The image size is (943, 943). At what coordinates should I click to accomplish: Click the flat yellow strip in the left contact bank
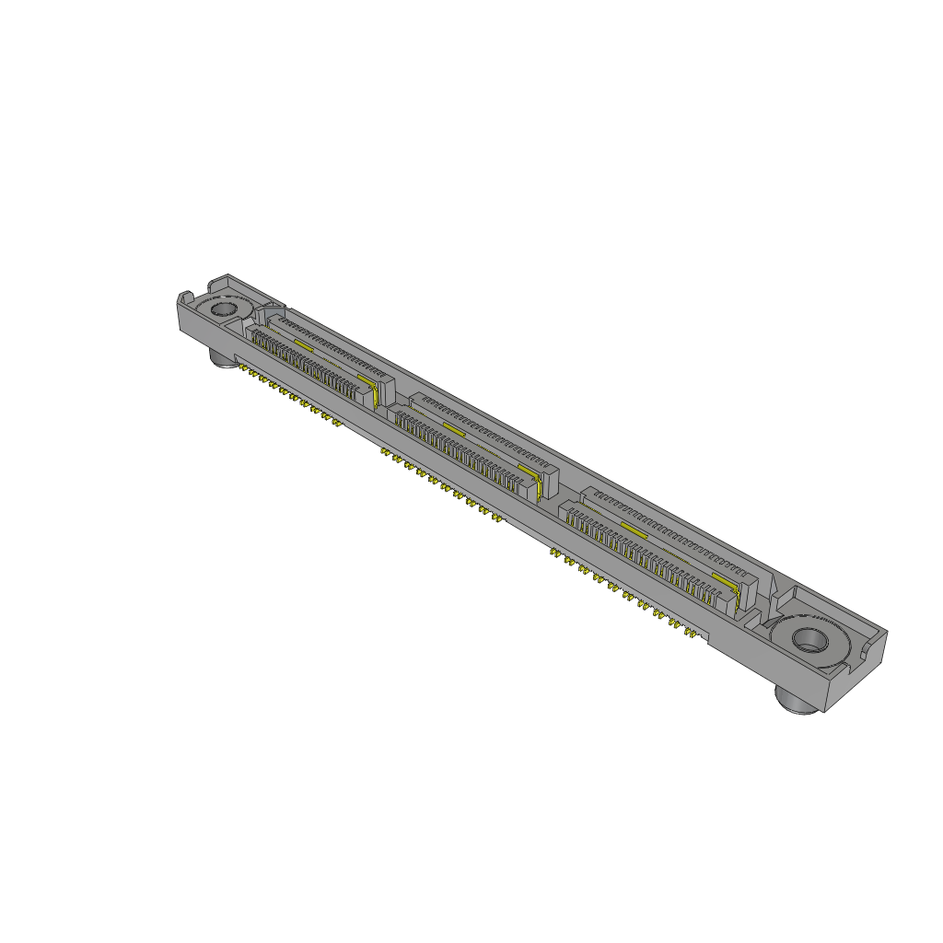click(x=304, y=344)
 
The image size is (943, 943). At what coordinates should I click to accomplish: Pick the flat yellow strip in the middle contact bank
click(x=452, y=428)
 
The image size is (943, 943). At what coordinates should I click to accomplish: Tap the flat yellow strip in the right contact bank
click(x=633, y=529)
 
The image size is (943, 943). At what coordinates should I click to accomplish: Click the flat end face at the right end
click(x=857, y=672)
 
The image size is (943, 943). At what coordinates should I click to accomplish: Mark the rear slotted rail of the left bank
click(x=327, y=343)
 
